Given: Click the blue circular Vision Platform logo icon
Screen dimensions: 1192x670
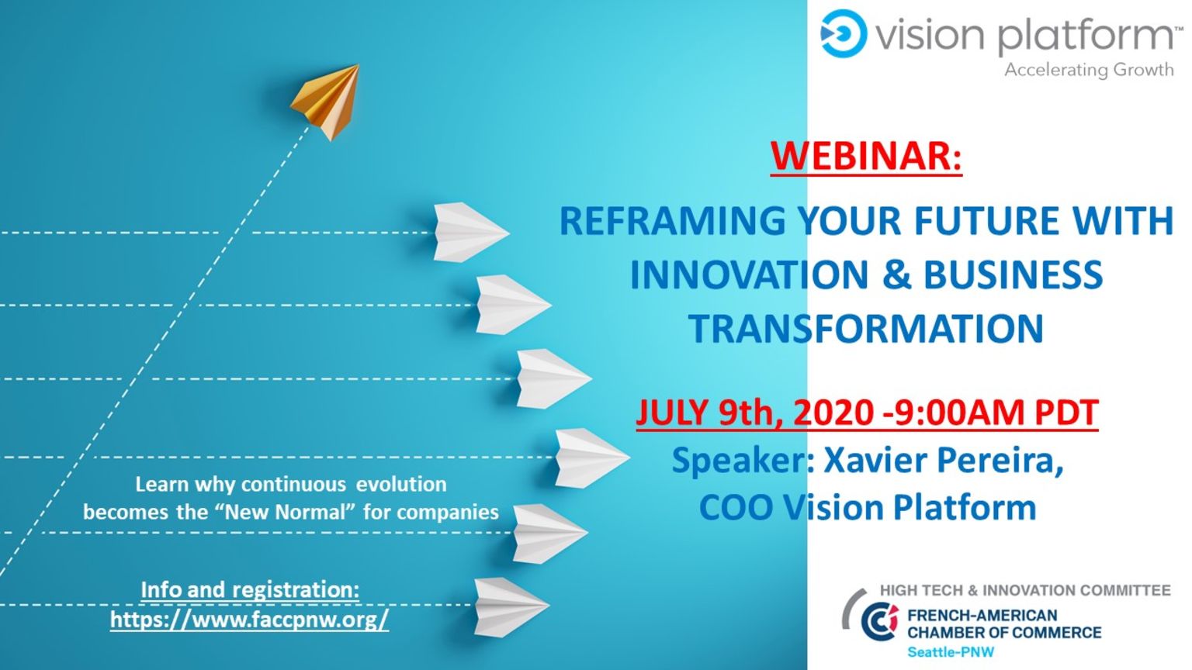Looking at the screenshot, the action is tap(844, 33).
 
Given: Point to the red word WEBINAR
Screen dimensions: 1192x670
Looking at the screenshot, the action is tap(866, 156).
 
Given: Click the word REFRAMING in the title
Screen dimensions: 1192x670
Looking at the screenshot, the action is tap(671, 221).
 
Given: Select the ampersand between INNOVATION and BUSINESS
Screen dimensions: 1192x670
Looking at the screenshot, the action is tap(896, 275).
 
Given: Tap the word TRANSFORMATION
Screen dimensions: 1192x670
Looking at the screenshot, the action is tap(866, 329).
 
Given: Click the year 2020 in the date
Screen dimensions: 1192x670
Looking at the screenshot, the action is tap(833, 413).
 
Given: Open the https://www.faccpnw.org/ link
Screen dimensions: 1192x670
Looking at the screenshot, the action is tap(250, 620).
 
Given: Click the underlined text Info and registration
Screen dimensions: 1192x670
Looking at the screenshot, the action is tap(250, 589).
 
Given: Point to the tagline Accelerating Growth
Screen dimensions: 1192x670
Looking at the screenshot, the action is tap(1089, 70).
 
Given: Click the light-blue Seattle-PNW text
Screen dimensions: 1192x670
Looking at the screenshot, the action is tap(951, 652).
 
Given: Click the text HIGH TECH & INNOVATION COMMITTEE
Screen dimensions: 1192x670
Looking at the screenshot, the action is tap(1025, 590).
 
